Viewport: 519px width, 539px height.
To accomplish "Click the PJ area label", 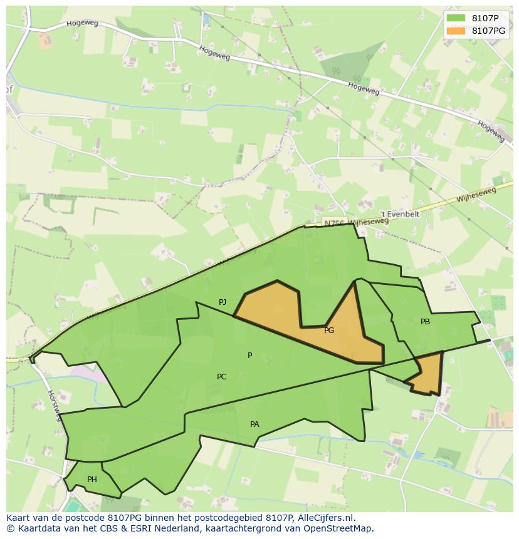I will pyautogui.click(x=223, y=302).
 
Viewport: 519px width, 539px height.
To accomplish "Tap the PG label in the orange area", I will pyautogui.click(x=329, y=331).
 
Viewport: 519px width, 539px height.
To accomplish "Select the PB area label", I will pyautogui.click(x=425, y=322).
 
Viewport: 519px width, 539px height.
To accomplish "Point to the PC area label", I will pyautogui.click(x=221, y=377).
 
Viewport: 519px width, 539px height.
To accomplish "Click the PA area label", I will pyautogui.click(x=254, y=424).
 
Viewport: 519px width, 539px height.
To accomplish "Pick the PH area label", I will pyautogui.click(x=92, y=480).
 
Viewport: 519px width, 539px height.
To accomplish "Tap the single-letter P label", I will pyautogui.click(x=249, y=356).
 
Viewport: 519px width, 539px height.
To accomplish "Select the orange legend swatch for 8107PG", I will pyautogui.click(x=456, y=31).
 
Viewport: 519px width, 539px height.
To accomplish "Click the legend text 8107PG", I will pyautogui.click(x=488, y=31).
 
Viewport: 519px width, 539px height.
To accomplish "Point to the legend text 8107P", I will pyautogui.click(x=485, y=19).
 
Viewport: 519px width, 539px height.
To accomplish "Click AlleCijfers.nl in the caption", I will pyautogui.click(x=326, y=518).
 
